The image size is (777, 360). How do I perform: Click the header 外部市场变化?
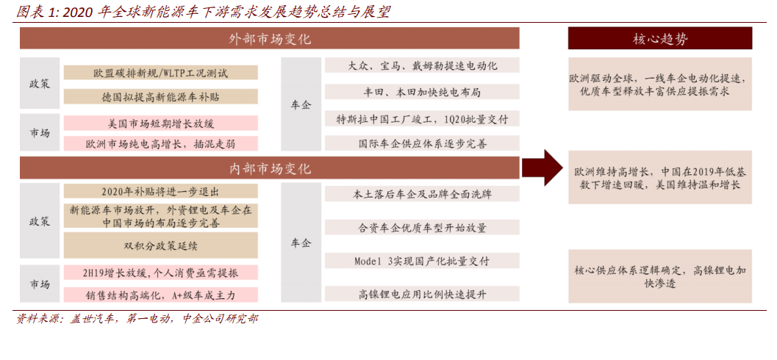[x=270, y=38]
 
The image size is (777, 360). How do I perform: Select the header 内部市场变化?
[x=270, y=168]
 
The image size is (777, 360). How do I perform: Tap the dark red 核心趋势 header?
[x=660, y=38]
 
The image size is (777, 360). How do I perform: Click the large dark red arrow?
[x=542, y=168]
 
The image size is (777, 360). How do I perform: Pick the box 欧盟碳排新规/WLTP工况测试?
[x=161, y=73]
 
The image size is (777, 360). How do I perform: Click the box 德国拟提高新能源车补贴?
[x=161, y=96]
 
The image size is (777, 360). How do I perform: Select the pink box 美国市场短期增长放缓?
[x=161, y=123]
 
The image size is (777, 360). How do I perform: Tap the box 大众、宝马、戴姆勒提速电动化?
[x=422, y=65]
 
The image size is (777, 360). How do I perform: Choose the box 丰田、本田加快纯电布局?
[x=422, y=92]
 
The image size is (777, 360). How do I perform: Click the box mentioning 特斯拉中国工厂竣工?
[x=422, y=118]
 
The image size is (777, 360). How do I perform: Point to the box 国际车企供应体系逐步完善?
[x=422, y=143]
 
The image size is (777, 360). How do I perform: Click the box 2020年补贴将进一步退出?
[x=161, y=192]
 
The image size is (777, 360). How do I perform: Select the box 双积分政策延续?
[x=161, y=245]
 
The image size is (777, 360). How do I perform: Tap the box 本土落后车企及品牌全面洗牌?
[x=422, y=194]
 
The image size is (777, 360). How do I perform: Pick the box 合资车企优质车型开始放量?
[x=422, y=227]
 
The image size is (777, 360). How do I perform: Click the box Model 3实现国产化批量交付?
[x=422, y=261]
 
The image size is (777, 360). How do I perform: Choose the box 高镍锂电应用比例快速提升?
[x=422, y=294]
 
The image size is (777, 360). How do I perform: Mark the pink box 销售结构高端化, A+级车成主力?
[x=161, y=295]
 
